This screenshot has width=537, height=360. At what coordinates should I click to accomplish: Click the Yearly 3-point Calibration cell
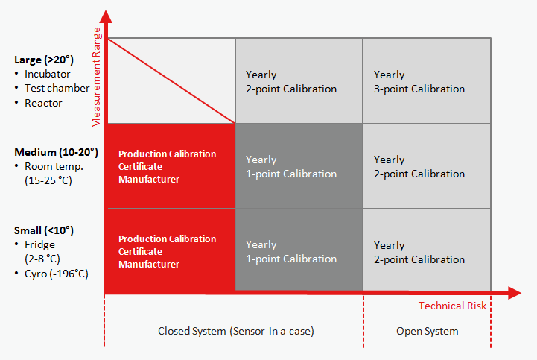pos(426,81)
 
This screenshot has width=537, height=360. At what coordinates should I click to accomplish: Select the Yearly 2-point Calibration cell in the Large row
pos(298,81)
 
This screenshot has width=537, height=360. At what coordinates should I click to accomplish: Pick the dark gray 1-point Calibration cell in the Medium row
pos(298,166)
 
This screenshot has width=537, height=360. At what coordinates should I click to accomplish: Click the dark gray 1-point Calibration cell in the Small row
pos(298,251)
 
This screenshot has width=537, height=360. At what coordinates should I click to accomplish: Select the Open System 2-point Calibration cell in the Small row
pos(426,251)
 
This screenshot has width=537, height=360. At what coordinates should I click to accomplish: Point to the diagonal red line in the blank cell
pos(171,80)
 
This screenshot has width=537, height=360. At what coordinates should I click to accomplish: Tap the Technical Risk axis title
pos(452,306)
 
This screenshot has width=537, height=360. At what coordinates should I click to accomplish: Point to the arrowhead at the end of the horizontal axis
pos(514,293)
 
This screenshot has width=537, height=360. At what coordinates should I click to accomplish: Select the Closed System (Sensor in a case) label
pos(236,331)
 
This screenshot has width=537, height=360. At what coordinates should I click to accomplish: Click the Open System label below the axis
pos(427,331)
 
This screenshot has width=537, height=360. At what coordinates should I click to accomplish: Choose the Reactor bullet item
pos(43,103)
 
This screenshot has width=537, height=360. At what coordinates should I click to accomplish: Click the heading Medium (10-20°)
pos(56,152)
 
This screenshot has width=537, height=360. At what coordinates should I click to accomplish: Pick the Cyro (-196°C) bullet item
pos(56,274)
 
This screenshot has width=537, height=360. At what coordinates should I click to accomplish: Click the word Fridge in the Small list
pos(39,244)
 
